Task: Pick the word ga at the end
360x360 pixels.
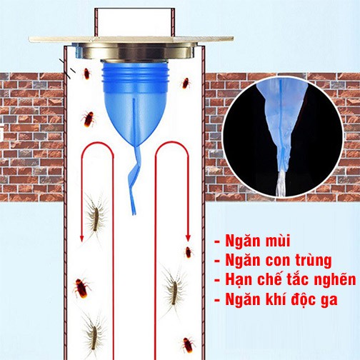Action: (x=330, y=301)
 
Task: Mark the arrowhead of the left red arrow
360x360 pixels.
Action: (x=81, y=239)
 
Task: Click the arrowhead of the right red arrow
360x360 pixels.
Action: (x=188, y=238)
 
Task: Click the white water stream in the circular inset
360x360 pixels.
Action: (x=281, y=183)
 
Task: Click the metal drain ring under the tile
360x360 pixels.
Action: (x=134, y=51)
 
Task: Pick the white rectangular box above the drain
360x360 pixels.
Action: (x=135, y=22)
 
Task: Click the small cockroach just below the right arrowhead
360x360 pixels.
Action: (x=189, y=252)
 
